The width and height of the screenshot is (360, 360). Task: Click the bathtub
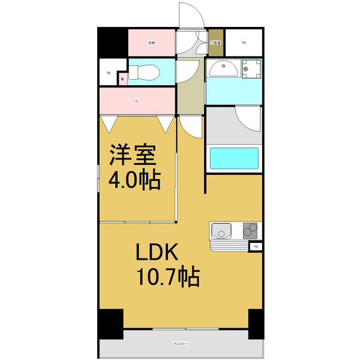pyautogui.click(x=233, y=160)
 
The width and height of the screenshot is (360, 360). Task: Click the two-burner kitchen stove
pyautogui.click(x=251, y=230)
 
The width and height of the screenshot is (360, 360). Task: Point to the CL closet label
pyautogui.click(x=137, y=101)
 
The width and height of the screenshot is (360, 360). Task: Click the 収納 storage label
pyautogui.click(x=152, y=43)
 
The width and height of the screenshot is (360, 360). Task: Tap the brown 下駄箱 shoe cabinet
pyautogui.click(x=215, y=43)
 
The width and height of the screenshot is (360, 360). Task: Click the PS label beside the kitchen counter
pyautogui.click(x=256, y=247)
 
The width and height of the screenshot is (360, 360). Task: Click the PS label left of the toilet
pyautogui.click(x=109, y=73)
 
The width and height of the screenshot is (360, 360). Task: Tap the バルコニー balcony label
pyautogui.click(x=181, y=344)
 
